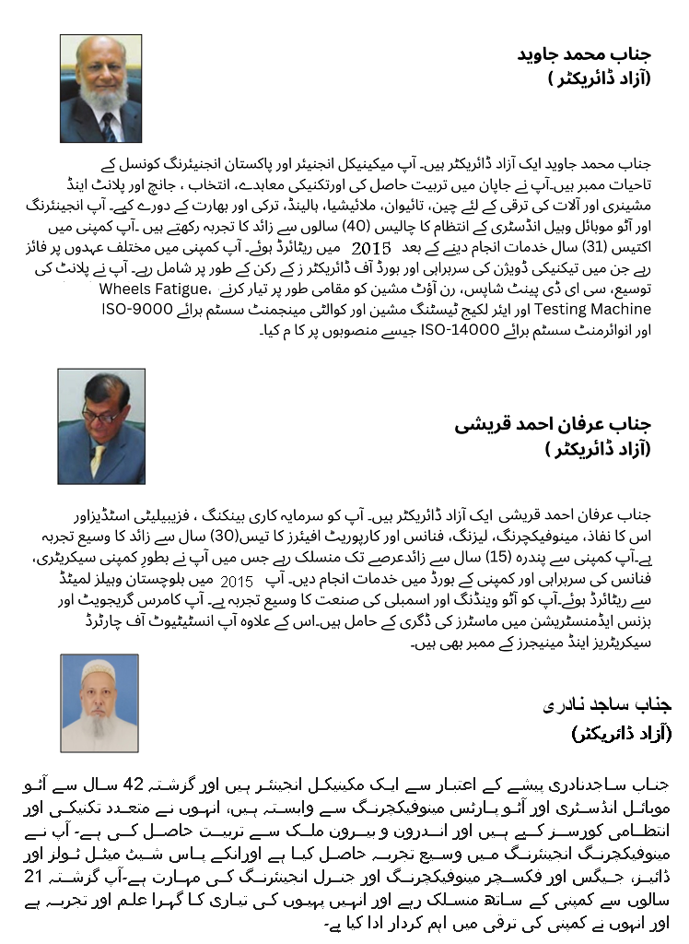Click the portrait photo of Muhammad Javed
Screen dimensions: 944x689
pos(101,88)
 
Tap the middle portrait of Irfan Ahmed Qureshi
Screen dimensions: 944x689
pos(101,427)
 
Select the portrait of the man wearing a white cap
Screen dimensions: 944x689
pos(99,702)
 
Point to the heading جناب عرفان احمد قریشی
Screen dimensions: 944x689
pos(554,425)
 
